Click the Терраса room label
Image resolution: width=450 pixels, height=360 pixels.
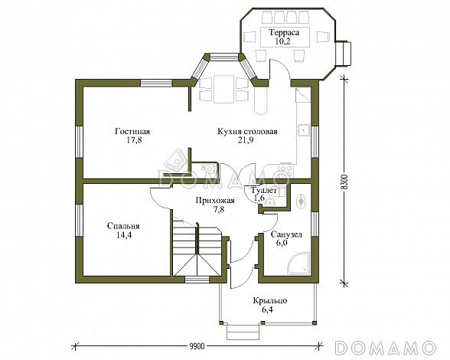(x=284, y=32)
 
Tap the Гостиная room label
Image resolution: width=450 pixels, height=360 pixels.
(x=132, y=131)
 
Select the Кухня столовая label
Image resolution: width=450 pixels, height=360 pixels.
(x=247, y=131)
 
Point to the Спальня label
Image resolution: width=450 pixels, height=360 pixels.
(x=123, y=226)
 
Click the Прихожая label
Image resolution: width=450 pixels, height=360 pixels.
(x=215, y=200)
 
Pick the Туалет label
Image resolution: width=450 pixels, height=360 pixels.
(x=264, y=190)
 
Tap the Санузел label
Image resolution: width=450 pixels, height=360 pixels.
(x=286, y=234)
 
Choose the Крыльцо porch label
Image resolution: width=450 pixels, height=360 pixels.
(x=270, y=301)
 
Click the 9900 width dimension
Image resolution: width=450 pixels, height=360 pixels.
(x=197, y=346)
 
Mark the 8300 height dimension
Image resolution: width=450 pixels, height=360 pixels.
(x=345, y=182)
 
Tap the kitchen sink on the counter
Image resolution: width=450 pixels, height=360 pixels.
(x=304, y=130)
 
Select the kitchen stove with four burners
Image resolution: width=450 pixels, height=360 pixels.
(x=286, y=170)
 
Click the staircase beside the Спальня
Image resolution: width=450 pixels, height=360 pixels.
(x=197, y=247)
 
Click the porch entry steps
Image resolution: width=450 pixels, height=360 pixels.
(x=244, y=332)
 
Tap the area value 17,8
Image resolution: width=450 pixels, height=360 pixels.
(x=132, y=140)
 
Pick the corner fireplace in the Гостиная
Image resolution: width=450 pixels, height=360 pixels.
(x=175, y=159)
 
